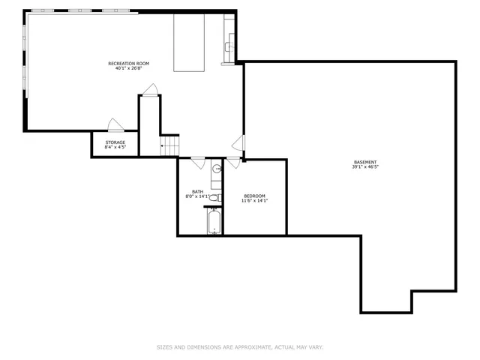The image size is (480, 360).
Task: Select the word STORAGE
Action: point(115,142)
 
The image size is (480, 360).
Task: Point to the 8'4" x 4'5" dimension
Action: point(115,148)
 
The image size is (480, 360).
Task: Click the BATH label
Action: point(197,191)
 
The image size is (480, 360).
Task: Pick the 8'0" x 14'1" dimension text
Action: point(197,196)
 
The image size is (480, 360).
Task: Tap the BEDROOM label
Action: point(254,196)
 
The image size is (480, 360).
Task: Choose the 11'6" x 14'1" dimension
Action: point(254,201)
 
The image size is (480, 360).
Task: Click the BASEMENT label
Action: point(365,162)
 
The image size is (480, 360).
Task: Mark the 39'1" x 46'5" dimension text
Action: point(365,167)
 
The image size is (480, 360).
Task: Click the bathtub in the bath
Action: point(214,221)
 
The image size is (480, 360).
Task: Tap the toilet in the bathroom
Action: point(214,198)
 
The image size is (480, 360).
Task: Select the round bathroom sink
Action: point(216,169)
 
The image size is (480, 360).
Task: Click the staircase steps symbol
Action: point(170,145)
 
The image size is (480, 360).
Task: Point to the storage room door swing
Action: point(115,125)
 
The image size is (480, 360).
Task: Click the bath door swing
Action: point(199,161)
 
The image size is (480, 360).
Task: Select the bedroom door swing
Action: point(233,161)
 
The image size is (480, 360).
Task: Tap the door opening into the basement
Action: point(238,142)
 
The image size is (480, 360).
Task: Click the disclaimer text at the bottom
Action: point(239,347)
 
